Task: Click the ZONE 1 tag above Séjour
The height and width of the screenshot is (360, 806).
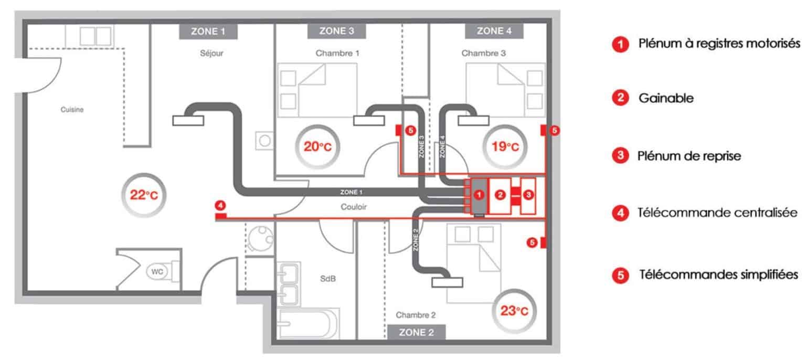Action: [208, 31]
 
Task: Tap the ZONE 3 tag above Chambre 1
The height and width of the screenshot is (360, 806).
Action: [336, 31]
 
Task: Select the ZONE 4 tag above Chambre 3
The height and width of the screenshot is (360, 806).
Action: [494, 31]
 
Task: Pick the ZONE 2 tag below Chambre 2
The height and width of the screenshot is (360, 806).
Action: [417, 332]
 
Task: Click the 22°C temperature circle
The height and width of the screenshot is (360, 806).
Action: [143, 196]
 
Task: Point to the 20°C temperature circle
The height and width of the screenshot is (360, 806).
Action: [319, 147]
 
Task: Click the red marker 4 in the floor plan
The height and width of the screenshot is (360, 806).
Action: [221, 205]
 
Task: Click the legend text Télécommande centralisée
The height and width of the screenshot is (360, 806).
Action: [717, 213]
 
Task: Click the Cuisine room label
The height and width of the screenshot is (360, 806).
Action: [72, 110]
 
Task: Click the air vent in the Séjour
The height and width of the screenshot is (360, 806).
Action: [187, 121]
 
